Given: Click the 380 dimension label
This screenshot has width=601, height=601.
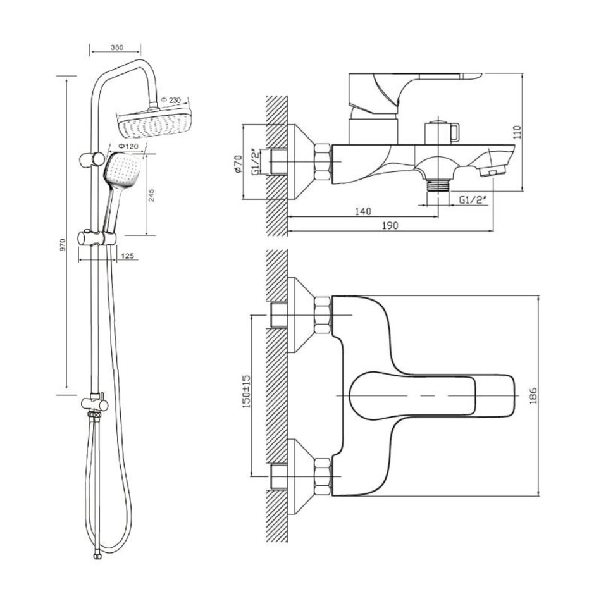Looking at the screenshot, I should (116, 47).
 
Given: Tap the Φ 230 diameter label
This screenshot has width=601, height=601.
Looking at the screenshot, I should (170, 101).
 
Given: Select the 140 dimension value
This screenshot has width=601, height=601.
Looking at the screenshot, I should (362, 211).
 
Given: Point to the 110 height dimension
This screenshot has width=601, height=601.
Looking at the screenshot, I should (517, 132).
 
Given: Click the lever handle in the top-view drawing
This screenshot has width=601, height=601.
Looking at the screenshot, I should (412, 393).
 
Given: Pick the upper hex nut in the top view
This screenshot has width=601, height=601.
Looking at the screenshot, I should (321, 314).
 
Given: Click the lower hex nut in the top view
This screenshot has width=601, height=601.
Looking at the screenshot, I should (321, 474).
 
